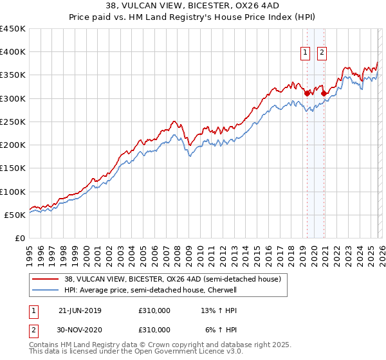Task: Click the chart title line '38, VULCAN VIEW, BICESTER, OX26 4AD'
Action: pos(193,7)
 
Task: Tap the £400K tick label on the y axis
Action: pos(13,52)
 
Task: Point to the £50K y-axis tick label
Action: pos(15,215)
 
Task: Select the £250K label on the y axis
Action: pos(13,122)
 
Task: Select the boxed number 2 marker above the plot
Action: pos(322,53)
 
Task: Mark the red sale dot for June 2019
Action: pos(307,93)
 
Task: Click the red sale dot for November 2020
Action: pos(324,93)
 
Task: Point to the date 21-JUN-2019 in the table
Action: pos(80,310)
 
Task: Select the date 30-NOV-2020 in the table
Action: pos(80,329)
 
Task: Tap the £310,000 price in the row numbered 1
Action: pos(154,310)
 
